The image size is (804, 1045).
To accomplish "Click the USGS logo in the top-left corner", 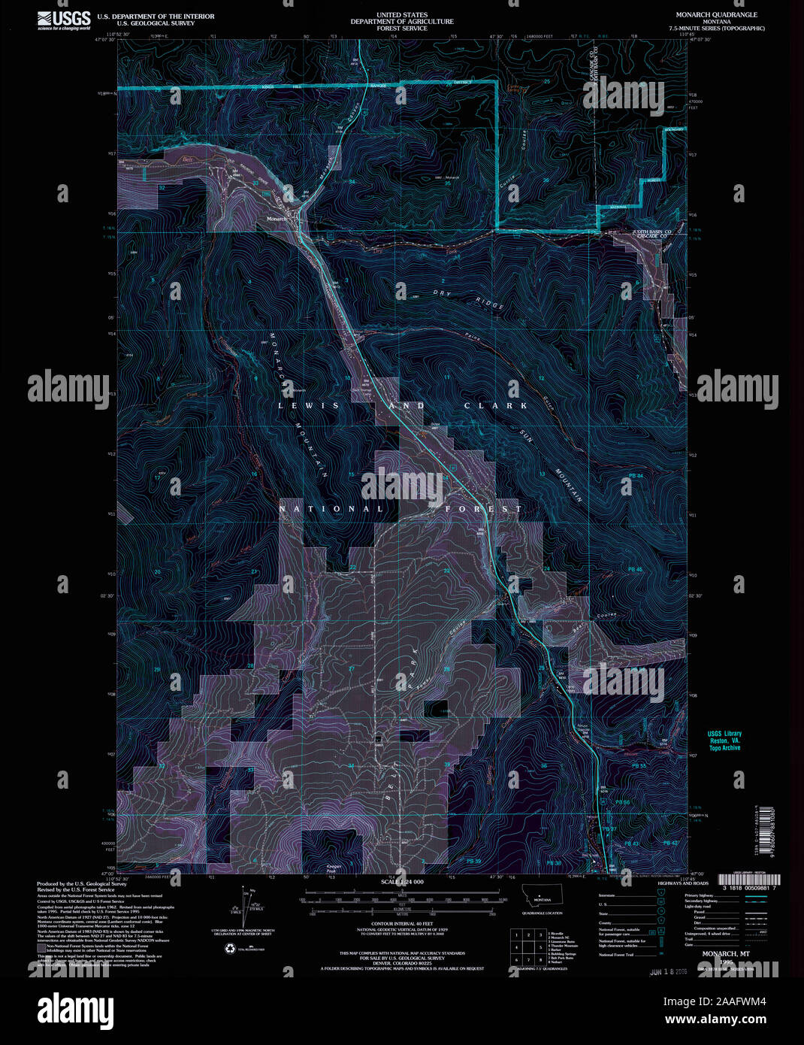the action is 64,20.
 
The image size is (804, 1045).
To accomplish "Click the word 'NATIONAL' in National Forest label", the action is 331,509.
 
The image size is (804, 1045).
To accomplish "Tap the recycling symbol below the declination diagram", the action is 229,949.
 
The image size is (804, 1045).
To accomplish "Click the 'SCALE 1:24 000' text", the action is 402,882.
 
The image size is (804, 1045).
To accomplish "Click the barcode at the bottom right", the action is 749,879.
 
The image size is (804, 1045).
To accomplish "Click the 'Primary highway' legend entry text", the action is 699,896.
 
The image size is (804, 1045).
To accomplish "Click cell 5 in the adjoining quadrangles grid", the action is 528,947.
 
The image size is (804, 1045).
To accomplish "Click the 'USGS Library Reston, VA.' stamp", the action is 724,741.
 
